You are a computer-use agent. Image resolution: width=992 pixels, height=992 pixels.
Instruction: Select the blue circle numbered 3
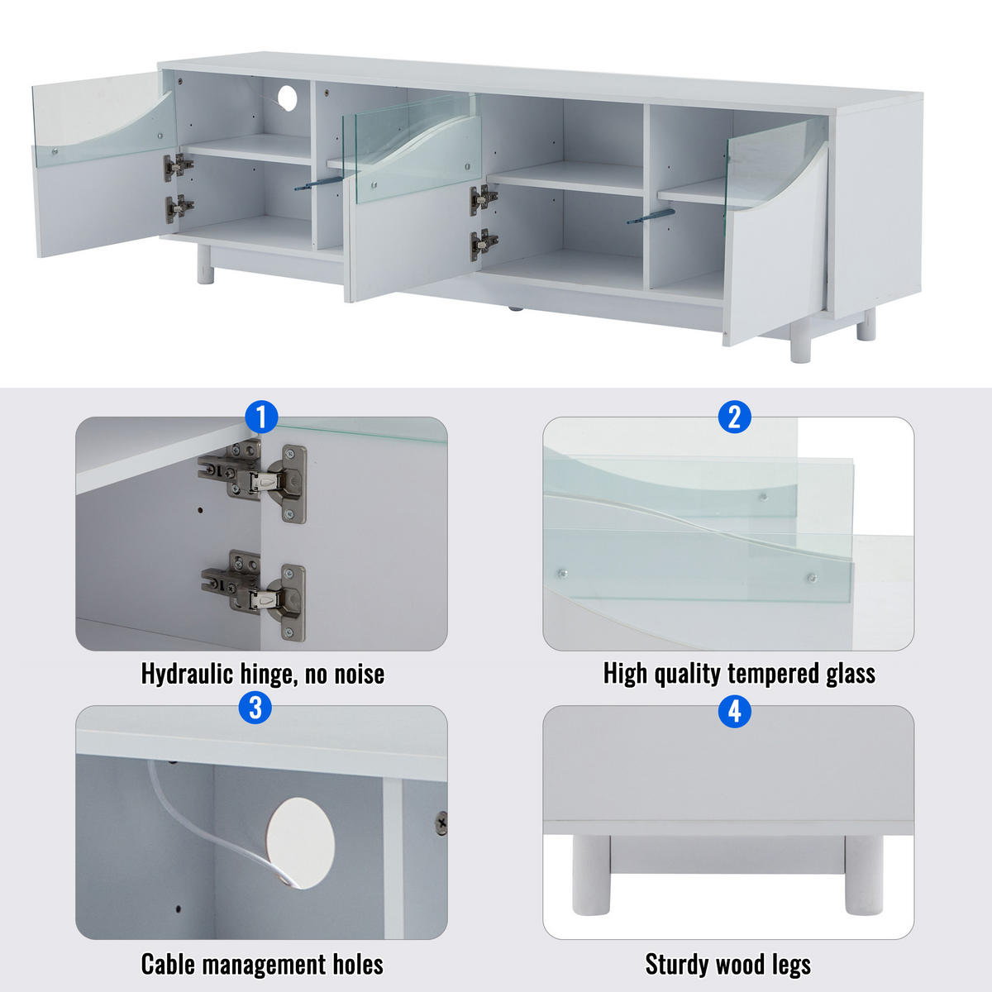(255, 708)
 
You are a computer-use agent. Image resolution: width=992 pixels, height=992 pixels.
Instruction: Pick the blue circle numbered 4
(734, 710)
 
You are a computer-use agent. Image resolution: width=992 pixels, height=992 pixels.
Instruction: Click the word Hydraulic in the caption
(187, 674)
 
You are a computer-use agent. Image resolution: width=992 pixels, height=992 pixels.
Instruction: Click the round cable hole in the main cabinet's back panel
(287, 98)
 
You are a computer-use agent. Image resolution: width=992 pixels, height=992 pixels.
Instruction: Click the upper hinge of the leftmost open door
(177, 166)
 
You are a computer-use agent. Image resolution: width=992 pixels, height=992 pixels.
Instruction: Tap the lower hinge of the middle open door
(483, 244)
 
